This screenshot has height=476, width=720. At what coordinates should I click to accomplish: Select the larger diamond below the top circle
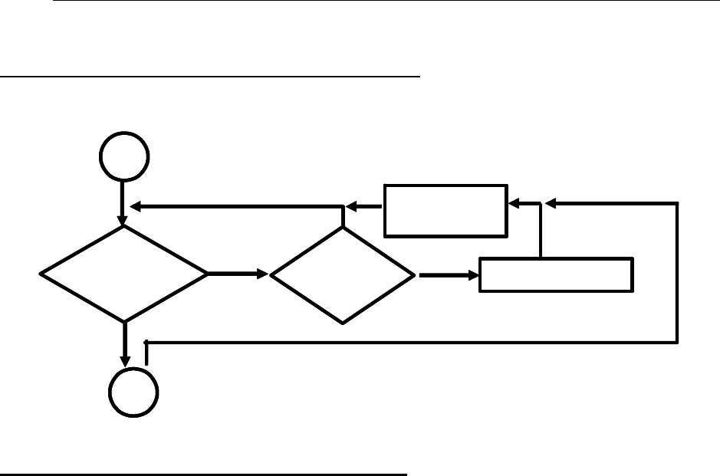pyautogui.click(x=123, y=273)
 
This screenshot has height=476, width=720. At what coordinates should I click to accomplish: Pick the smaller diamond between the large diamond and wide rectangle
pyautogui.click(x=343, y=275)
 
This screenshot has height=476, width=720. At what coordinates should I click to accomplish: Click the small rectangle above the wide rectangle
pyautogui.click(x=445, y=209)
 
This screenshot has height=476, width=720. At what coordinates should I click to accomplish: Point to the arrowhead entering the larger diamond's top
pyautogui.click(x=123, y=222)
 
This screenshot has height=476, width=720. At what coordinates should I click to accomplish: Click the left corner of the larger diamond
pyautogui.click(x=41, y=274)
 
